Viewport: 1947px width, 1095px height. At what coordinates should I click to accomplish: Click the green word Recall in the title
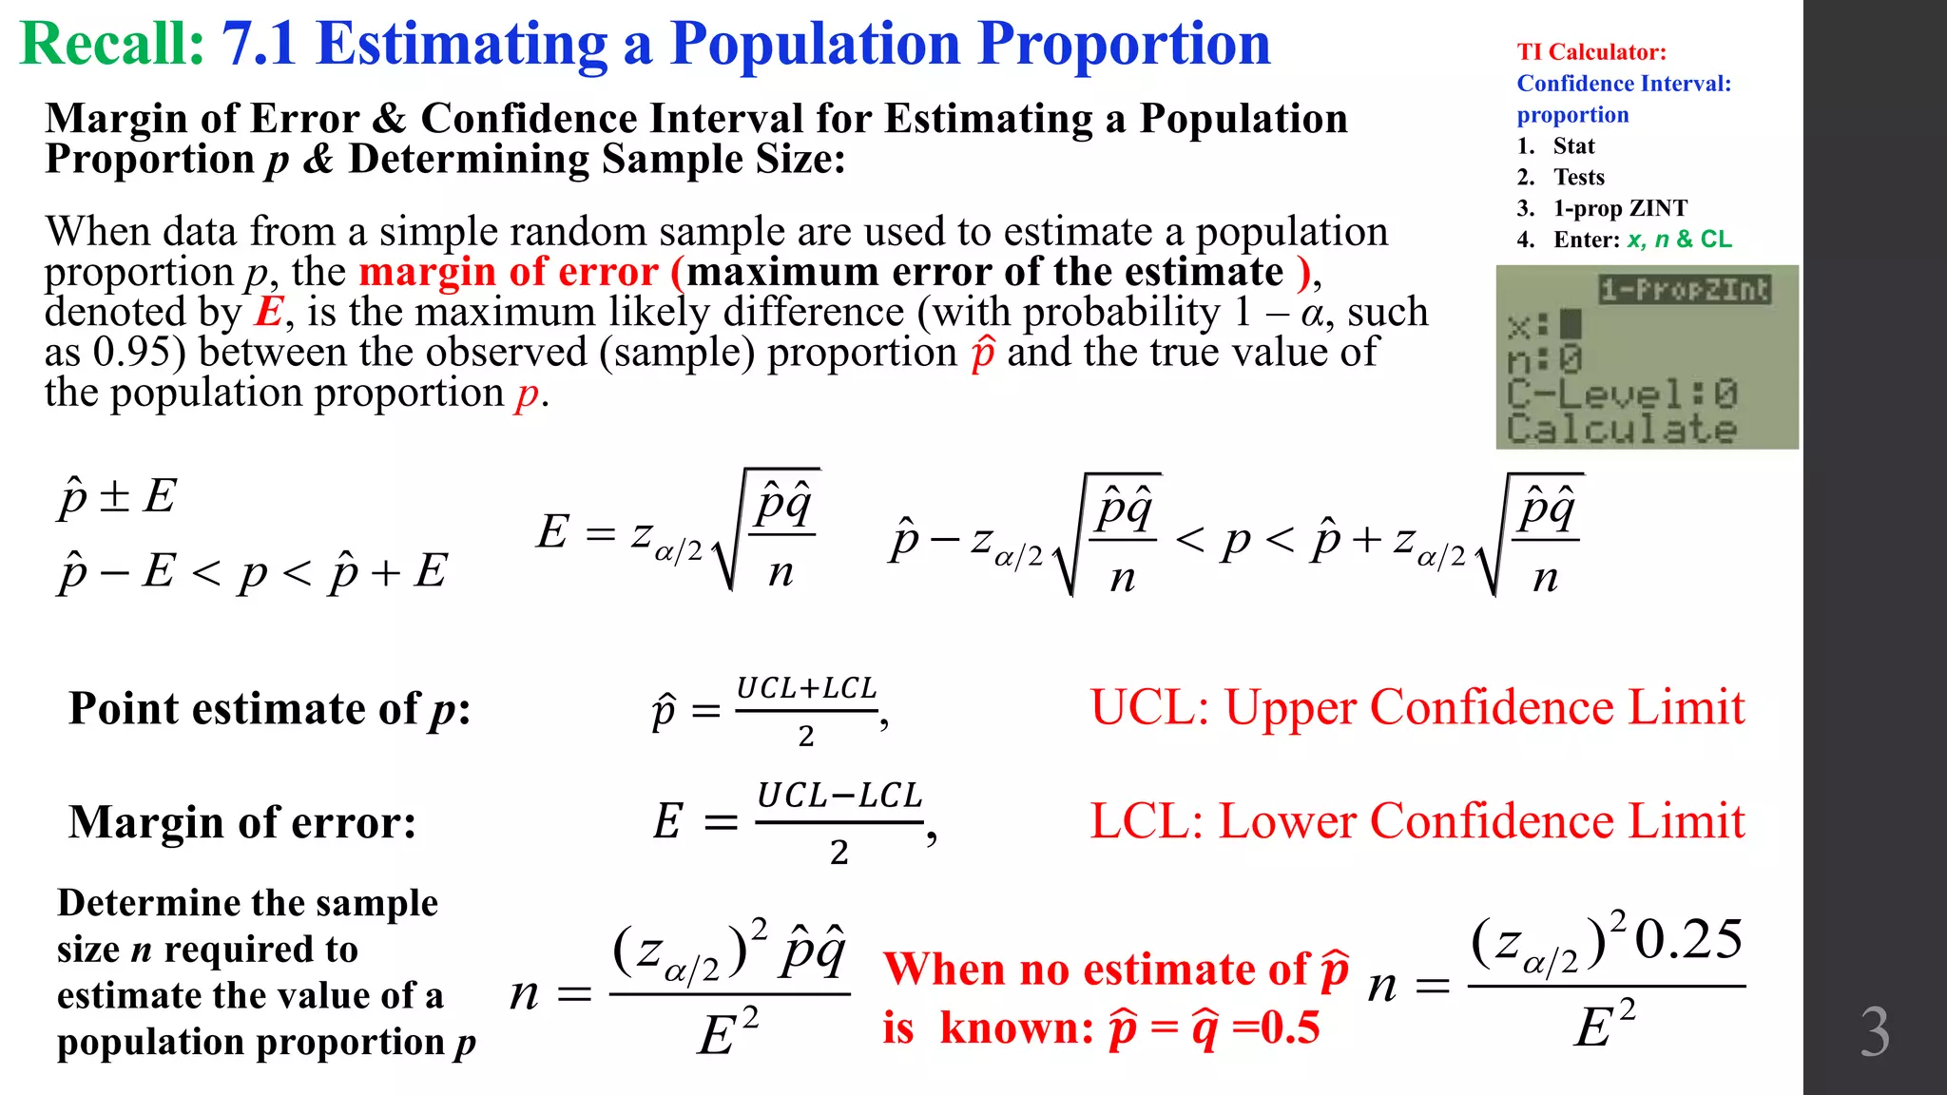tap(112, 45)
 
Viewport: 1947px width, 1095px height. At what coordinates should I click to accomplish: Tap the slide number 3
tap(1874, 1032)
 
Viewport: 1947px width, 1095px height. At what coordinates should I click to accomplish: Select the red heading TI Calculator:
tap(1590, 52)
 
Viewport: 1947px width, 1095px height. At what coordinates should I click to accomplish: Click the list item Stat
tap(1573, 146)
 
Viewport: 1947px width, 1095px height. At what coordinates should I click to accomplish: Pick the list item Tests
tap(1578, 178)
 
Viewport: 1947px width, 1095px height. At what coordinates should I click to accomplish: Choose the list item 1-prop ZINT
tap(1620, 209)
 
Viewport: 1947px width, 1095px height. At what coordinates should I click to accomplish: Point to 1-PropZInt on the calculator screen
tap(1684, 290)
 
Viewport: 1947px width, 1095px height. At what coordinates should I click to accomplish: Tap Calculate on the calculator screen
tap(1621, 429)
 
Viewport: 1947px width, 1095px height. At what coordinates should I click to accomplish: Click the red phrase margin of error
tap(509, 273)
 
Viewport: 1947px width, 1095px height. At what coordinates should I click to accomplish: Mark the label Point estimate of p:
tap(269, 709)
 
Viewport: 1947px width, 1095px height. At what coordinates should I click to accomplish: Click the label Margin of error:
tap(242, 822)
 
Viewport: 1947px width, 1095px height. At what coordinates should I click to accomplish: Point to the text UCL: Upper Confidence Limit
tap(1417, 708)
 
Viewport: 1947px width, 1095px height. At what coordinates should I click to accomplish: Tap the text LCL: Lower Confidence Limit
tap(1417, 821)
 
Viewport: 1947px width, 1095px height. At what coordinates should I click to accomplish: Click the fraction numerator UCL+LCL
tap(806, 688)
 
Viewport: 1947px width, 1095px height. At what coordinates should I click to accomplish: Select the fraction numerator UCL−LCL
tap(839, 796)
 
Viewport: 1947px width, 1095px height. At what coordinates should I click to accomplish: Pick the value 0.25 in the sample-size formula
tap(1688, 940)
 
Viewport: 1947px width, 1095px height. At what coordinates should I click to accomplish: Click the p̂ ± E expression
tap(117, 496)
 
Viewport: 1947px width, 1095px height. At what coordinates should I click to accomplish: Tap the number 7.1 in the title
tap(259, 45)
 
